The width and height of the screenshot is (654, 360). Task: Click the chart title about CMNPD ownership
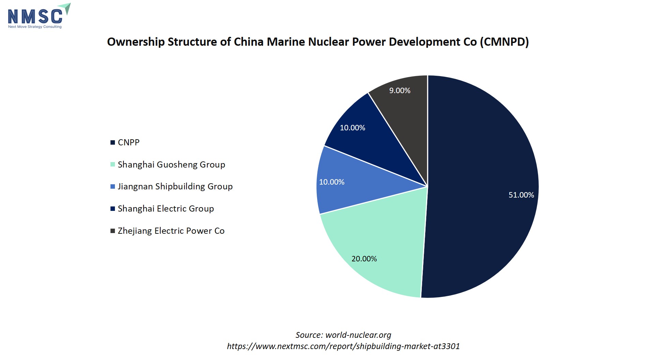(x=318, y=42)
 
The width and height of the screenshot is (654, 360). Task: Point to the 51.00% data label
(x=521, y=195)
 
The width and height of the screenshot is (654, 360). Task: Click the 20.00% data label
(x=364, y=259)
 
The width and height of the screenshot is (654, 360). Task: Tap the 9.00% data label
(x=400, y=90)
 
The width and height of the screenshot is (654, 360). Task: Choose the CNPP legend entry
(x=129, y=142)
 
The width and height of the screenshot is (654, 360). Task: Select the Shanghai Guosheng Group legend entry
(x=171, y=164)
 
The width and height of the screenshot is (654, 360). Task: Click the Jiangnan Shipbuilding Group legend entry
(x=175, y=186)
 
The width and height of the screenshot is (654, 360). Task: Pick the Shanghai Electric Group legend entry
(x=166, y=208)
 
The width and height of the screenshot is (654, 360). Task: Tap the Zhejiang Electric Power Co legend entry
(x=171, y=231)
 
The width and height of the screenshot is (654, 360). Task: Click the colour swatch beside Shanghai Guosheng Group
(x=113, y=164)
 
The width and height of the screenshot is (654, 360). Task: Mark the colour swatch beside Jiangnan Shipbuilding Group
(x=113, y=187)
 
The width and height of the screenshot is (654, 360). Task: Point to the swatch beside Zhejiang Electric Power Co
(x=113, y=231)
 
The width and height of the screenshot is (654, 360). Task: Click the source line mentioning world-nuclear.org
(x=343, y=335)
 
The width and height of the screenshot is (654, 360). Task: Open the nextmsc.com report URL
(x=343, y=346)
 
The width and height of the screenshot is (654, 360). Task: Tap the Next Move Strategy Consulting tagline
(x=35, y=27)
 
